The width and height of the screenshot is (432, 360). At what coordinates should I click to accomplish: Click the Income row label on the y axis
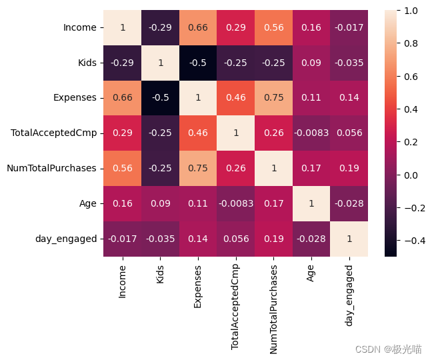(79, 28)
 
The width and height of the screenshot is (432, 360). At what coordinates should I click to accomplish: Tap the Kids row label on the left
(87, 63)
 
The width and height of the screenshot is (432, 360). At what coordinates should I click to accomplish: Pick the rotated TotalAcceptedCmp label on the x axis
(235, 303)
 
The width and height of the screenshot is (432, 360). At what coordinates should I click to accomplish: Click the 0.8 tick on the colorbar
(409, 43)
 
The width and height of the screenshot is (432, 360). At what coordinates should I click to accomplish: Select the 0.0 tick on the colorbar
(409, 175)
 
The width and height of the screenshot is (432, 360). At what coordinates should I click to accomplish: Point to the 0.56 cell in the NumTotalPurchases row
(123, 168)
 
